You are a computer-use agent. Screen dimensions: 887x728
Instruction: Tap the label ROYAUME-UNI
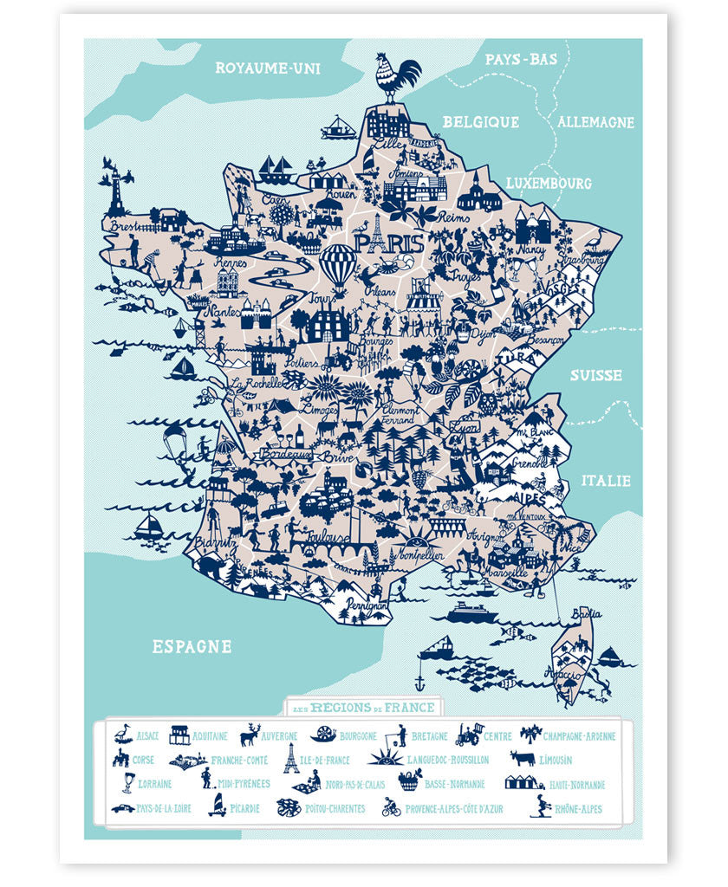point(268,67)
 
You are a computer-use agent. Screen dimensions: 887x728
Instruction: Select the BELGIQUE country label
point(480,122)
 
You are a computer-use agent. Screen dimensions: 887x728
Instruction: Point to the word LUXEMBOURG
point(549,184)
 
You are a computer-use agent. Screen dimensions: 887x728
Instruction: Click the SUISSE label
point(595,375)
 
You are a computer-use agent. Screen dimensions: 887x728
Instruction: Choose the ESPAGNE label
point(192,646)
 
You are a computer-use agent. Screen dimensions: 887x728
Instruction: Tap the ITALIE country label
point(607,480)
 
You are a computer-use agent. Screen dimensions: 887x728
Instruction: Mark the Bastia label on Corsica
point(587,614)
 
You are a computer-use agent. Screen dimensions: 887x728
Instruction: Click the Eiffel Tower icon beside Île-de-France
point(291,758)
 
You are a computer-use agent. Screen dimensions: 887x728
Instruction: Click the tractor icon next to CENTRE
point(469,735)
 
